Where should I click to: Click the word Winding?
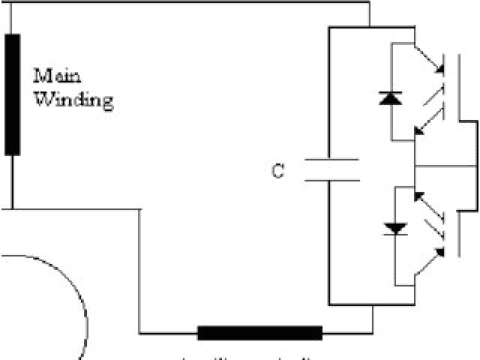pyautogui.click(x=73, y=100)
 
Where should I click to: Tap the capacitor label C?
pyautogui.click(x=278, y=172)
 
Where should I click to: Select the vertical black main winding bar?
pyautogui.click(x=12, y=94)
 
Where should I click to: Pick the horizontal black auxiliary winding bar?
pyautogui.click(x=259, y=332)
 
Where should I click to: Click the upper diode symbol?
pyautogui.click(x=391, y=97)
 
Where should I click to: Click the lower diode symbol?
pyautogui.click(x=391, y=227)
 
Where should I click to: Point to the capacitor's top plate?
pyautogui.click(x=332, y=160)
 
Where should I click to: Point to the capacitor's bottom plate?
pyautogui.click(x=332, y=180)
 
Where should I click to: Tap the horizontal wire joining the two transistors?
pyautogui.click(x=445, y=166)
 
